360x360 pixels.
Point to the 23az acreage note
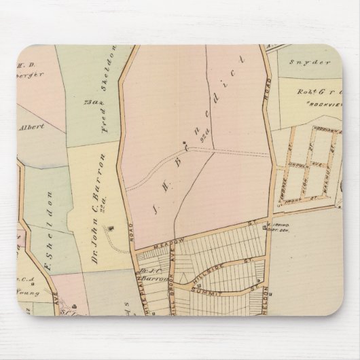pos(87,102)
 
